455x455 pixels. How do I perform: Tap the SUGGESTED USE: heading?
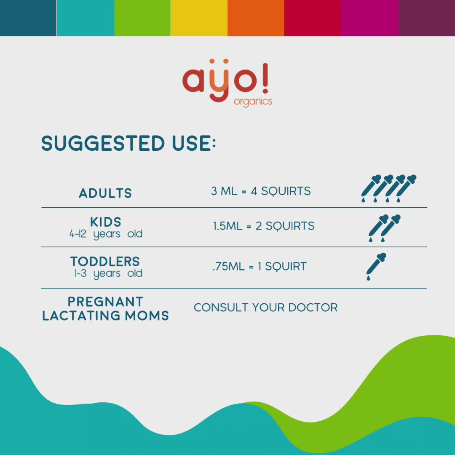128,144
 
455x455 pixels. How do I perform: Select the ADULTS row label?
105,193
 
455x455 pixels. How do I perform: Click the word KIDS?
105,222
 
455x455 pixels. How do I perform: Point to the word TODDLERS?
105,261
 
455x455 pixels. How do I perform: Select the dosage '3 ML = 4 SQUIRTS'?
261,191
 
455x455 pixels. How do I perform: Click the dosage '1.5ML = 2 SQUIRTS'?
263,226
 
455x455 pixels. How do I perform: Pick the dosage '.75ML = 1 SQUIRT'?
260,266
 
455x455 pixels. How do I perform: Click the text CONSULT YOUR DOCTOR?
265,308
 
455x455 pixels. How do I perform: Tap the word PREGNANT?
105,302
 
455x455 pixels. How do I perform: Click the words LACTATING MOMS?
105,316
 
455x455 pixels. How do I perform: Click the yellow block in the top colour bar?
199,18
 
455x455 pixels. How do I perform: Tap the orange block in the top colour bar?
256,18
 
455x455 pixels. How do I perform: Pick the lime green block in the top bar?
142,18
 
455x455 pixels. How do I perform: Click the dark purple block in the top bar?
426,18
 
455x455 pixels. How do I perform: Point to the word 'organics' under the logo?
253,102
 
